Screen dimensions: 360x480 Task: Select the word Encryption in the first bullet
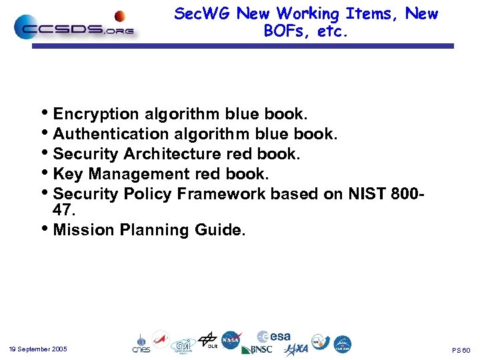click(96, 114)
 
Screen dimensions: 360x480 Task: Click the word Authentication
click(106, 134)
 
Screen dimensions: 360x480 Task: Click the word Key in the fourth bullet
click(68, 174)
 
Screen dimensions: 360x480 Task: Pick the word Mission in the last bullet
click(83, 230)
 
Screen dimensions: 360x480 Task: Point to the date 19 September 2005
click(38, 349)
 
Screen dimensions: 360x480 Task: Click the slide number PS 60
click(461, 350)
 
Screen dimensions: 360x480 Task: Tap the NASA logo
click(231, 340)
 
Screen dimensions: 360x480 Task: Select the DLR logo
click(208, 340)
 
